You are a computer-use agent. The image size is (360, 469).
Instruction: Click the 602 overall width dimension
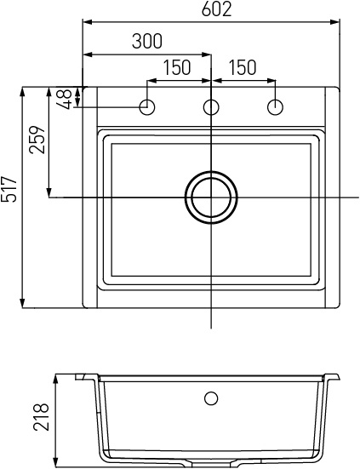click(x=216, y=9)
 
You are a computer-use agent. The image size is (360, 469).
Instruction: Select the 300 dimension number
click(x=147, y=41)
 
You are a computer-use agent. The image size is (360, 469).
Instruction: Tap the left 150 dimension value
click(x=177, y=67)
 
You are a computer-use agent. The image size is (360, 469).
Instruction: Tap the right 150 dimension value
click(x=243, y=67)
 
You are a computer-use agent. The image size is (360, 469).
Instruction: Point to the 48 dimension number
click(x=65, y=99)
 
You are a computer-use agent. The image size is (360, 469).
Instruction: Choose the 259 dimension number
click(x=37, y=140)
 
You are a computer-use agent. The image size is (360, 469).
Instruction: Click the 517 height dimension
click(x=9, y=189)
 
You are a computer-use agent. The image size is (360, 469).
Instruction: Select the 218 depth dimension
click(x=41, y=417)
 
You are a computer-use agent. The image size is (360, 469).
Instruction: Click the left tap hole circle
click(x=147, y=106)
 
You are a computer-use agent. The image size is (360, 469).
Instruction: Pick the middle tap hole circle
click(x=211, y=106)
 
